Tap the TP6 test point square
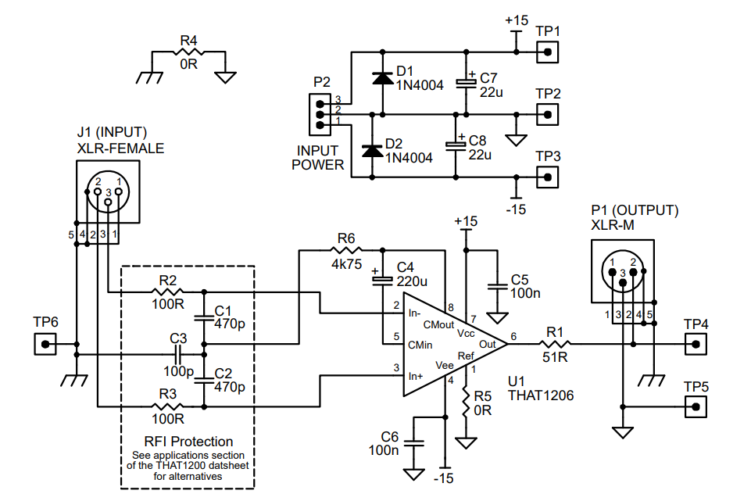[x=46, y=343]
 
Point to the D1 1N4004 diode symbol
[x=382, y=77]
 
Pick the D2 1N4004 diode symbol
[x=372, y=151]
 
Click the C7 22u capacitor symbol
[x=467, y=83]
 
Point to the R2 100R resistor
[x=167, y=293]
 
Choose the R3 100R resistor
[x=167, y=406]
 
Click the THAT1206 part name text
[x=540, y=396]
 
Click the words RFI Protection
[x=188, y=442]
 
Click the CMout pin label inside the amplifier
[x=437, y=323]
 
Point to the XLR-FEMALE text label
[x=120, y=147]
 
